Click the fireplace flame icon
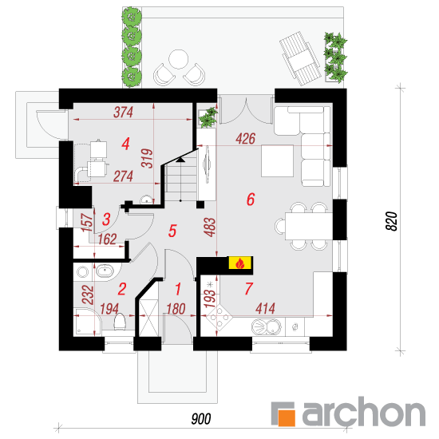pyautogui.click(x=240, y=263)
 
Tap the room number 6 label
pyautogui.click(x=251, y=200)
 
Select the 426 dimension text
pyautogui.click(x=246, y=139)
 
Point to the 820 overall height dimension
pyautogui.click(x=392, y=221)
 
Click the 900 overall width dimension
pyautogui.click(x=201, y=419)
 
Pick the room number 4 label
pyautogui.click(x=125, y=144)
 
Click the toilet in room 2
pyautogui.click(x=120, y=321)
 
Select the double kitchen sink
pyautogui.click(x=267, y=326)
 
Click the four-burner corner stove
pyautogui.click(x=219, y=317)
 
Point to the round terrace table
pyautogui.click(x=178, y=59)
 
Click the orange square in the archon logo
pyautogui.click(x=286, y=417)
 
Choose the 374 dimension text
pyautogui.click(x=123, y=113)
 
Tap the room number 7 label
pyautogui.click(x=248, y=289)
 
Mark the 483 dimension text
pyautogui.click(x=211, y=227)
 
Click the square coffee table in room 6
pyautogui.click(x=278, y=160)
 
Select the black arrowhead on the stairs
pyautogui.click(x=180, y=160)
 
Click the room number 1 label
pyautogui.click(x=178, y=289)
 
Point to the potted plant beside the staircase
pyautogui.click(x=208, y=117)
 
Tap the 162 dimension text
pyautogui.click(x=107, y=239)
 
